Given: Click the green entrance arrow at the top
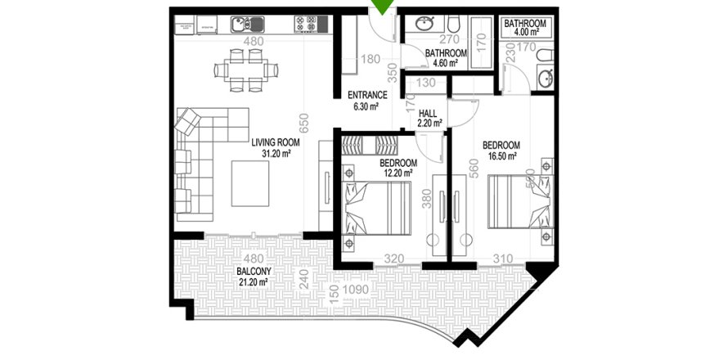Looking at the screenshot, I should click(381, 8).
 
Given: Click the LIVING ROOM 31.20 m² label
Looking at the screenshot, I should click(275, 147).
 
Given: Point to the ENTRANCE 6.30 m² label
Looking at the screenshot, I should click(367, 100).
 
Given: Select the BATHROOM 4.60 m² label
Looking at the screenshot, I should click(446, 58).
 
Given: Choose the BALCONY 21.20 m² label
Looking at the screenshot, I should click(254, 277).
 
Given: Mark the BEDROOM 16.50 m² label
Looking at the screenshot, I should click(501, 151).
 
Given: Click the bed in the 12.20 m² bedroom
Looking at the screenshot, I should click(377, 208).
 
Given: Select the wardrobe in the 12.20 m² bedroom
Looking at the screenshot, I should click(367, 147).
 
